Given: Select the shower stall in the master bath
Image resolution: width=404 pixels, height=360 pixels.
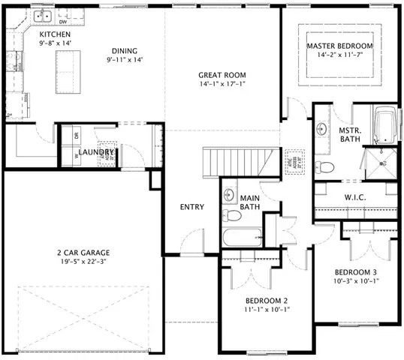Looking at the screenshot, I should coord(381,164).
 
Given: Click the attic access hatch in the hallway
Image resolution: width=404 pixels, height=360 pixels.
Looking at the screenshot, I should coord(293,161).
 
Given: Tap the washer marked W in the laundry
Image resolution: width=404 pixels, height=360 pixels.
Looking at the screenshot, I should coord(77,157).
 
